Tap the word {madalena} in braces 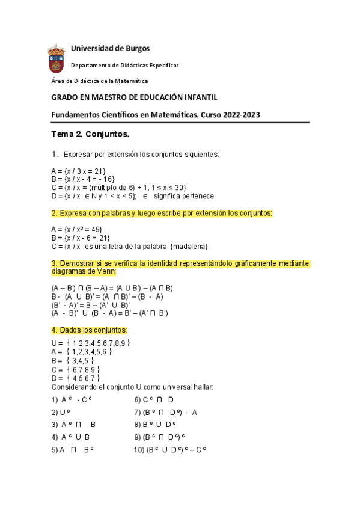tap(190, 246)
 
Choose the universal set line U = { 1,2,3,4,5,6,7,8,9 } tap(91, 343)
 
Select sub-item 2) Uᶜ tap(62, 412)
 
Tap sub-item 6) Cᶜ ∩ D tap(154, 399)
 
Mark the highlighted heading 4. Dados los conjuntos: tap(90, 330)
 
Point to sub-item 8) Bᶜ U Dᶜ tap(155, 424)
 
